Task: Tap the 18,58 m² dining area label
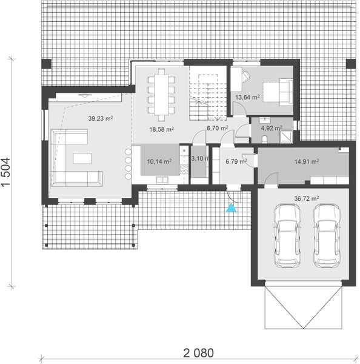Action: point(162,129)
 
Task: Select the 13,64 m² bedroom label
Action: point(247,96)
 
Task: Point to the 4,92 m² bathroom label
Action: point(270,128)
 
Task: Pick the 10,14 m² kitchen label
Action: point(159,161)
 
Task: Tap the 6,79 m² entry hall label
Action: point(236,161)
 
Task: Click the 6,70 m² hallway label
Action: point(217,129)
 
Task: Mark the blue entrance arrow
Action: point(231,209)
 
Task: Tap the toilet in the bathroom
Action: point(267,139)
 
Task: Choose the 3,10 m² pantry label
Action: point(199,159)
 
